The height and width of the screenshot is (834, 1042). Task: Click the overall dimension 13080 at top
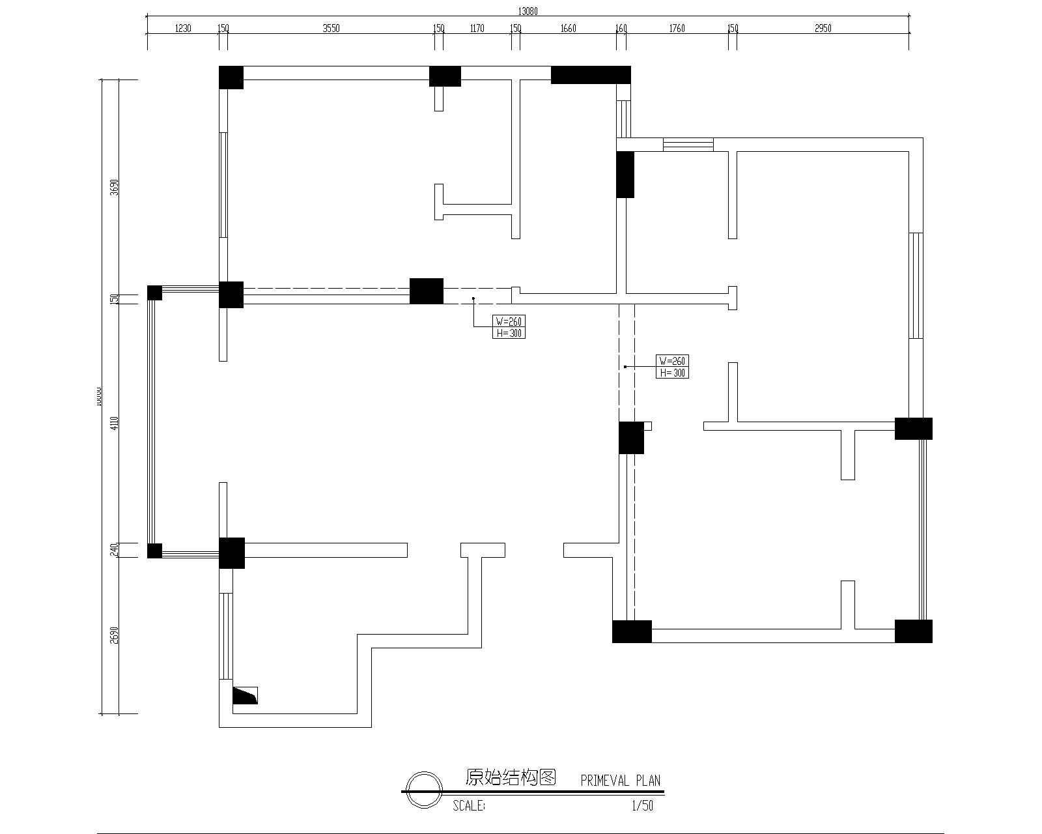(528, 11)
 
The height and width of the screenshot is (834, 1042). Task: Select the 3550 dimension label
(331, 28)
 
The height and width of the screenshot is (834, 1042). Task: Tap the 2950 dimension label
(823, 28)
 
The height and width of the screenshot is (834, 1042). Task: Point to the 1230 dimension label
(183, 28)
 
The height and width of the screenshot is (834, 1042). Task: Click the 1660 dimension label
(568, 28)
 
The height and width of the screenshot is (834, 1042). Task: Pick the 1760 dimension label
(677, 28)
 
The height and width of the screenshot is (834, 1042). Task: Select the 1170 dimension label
(477, 28)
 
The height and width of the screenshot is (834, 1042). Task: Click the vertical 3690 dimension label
(115, 188)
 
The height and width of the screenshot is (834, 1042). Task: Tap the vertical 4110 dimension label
(115, 423)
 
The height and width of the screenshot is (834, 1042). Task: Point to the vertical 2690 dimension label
(115, 635)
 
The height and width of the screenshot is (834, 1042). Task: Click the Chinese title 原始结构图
(511, 777)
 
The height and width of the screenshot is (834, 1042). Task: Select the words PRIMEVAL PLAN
(620, 781)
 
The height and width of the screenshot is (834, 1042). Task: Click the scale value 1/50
(642, 806)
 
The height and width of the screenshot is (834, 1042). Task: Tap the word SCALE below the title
(469, 806)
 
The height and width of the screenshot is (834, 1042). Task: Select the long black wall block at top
(591, 75)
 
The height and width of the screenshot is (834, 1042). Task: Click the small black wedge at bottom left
(245, 696)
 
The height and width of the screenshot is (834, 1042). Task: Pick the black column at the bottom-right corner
(913, 631)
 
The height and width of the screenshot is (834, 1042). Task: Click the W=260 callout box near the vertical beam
(672, 361)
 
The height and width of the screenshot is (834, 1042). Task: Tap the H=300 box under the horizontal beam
(509, 333)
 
